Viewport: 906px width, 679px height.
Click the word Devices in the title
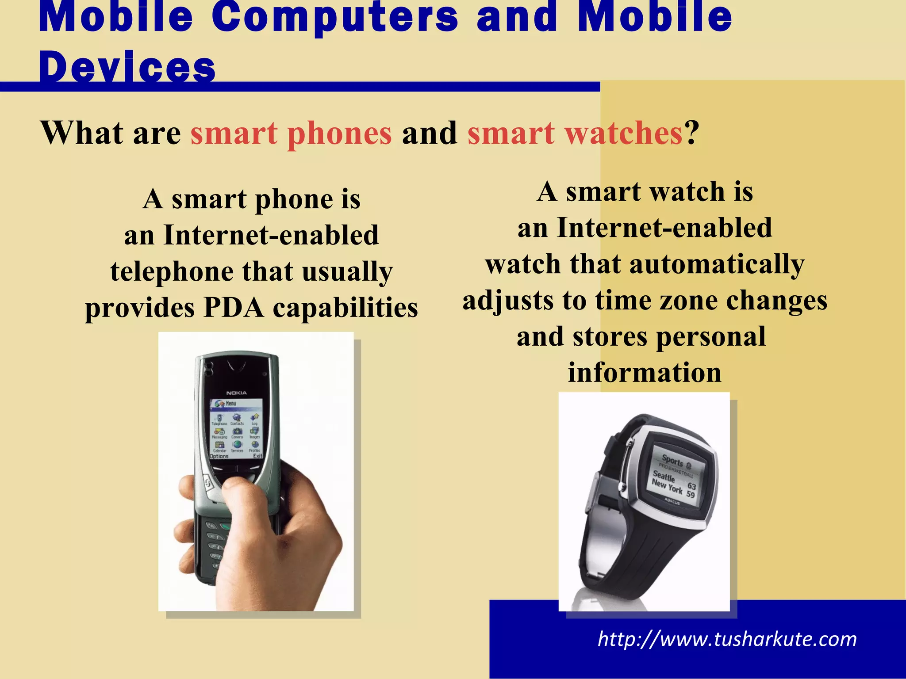pos(127,67)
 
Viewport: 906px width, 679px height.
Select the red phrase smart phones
pos(291,133)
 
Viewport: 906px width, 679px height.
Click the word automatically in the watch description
pos(717,264)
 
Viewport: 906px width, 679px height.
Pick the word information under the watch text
pos(645,373)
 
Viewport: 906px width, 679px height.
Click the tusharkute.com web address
pos(727,639)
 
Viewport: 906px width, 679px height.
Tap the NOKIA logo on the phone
pos(237,393)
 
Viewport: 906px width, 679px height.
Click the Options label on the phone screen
pos(219,456)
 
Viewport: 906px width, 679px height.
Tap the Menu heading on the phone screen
pos(231,403)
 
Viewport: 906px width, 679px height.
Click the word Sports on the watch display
pos(673,461)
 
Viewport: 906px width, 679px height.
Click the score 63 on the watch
pos(691,486)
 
